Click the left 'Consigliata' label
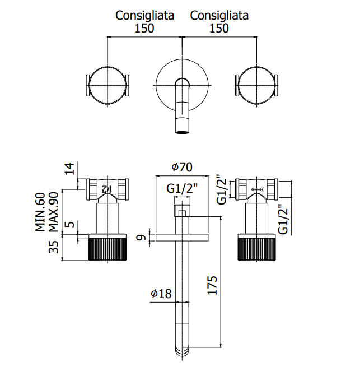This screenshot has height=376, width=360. click(144, 16)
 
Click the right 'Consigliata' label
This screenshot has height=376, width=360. click(219, 16)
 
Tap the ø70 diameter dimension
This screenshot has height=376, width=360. click(182, 167)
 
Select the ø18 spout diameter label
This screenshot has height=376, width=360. click(161, 294)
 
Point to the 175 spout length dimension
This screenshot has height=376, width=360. click(212, 285)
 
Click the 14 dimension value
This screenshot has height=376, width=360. click(69, 169)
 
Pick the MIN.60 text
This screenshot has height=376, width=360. click(40, 212)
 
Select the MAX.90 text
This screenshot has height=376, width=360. click(54, 212)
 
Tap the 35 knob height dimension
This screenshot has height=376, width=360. click(54, 247)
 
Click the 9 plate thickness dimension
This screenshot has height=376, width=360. click(141, 238)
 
